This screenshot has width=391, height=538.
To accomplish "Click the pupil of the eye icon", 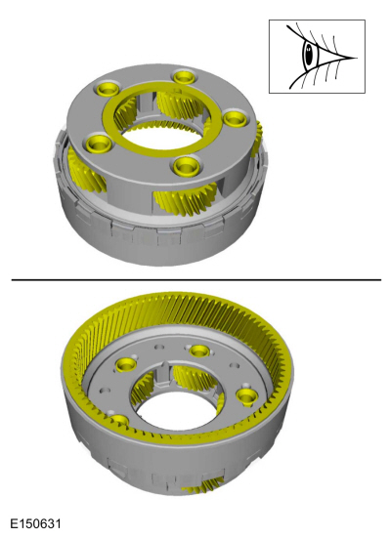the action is pos(309,55).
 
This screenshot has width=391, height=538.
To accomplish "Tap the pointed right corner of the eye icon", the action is pos(358,58).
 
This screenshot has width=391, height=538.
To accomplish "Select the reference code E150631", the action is pos(36,524).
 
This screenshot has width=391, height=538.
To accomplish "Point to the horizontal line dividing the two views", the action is pos(195,280).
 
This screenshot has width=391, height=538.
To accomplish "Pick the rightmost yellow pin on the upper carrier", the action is pos(235,119).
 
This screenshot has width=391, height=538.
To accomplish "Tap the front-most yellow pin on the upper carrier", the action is pos(187,166).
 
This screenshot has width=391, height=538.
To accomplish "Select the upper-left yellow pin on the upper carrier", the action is pos(108,88).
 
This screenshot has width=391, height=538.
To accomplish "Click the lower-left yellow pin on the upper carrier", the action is pos(97,144).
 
